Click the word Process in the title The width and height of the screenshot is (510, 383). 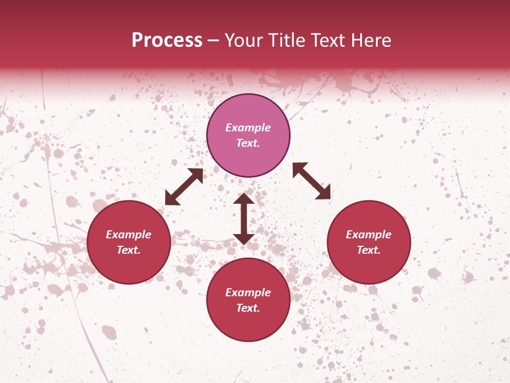[x=167, y=40]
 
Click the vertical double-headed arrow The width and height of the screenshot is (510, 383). [x=244, y=219]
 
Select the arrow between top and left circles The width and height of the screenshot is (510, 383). [x=184, y=187]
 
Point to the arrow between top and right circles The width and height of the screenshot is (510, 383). [x=312, y=181]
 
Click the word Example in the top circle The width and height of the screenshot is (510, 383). [x=248, y=128]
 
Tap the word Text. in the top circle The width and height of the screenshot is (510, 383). [x=248, y=143]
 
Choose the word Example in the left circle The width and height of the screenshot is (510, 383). [x=129, y=235]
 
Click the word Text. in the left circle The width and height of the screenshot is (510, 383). [x=129, y=250]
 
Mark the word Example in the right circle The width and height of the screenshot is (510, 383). [x=369, y=235]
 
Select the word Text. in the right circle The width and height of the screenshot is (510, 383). [x=369, y=250]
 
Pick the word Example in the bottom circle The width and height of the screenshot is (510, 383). [x=248, y=293]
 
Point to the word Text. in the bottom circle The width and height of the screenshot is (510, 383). [x=248, y=308]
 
